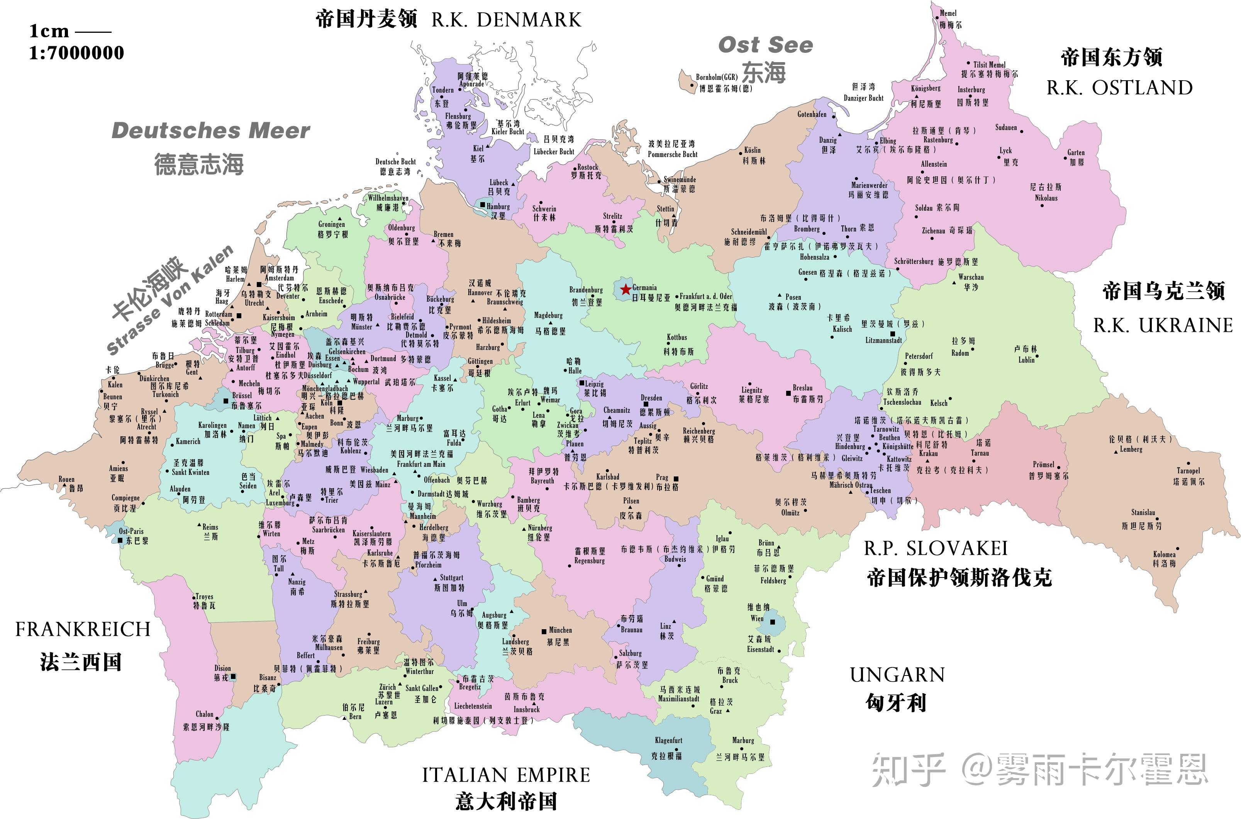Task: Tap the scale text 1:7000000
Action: (x=76, y=53)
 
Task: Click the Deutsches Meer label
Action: (x=211, y=130)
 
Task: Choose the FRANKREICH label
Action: (x=83, y=630)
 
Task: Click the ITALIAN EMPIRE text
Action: (x=506, y=775)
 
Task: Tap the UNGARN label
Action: (x=897, y=675)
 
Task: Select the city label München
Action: (x=560, y=630)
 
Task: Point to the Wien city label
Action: (x=757, y=618)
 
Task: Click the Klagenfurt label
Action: (x=668, y=740)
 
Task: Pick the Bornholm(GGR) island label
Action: (x=716, y=77)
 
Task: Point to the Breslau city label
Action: (x=802, y=388)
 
